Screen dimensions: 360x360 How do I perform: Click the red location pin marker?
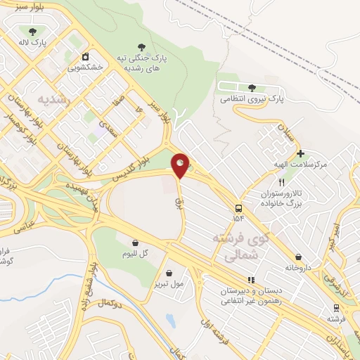(180, 165)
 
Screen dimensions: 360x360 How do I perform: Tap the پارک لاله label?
(33, 42)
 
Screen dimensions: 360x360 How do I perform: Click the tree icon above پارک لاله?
(33, 30)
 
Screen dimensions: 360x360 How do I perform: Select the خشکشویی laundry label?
(85, 68)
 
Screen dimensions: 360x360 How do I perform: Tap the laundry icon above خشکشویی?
(85, 56)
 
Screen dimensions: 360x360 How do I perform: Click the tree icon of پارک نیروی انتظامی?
(252, 87)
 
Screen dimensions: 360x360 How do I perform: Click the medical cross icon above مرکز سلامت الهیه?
(300, 153)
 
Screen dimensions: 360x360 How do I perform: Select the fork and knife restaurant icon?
(281, 181)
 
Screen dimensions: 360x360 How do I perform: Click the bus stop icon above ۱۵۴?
(238, 208)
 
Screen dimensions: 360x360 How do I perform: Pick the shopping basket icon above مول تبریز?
(169, 273)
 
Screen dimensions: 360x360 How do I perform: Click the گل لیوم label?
(133, 254)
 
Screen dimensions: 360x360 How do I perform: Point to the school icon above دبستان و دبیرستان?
(251, 280)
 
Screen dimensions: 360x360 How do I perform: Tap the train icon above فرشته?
(336, 307)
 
